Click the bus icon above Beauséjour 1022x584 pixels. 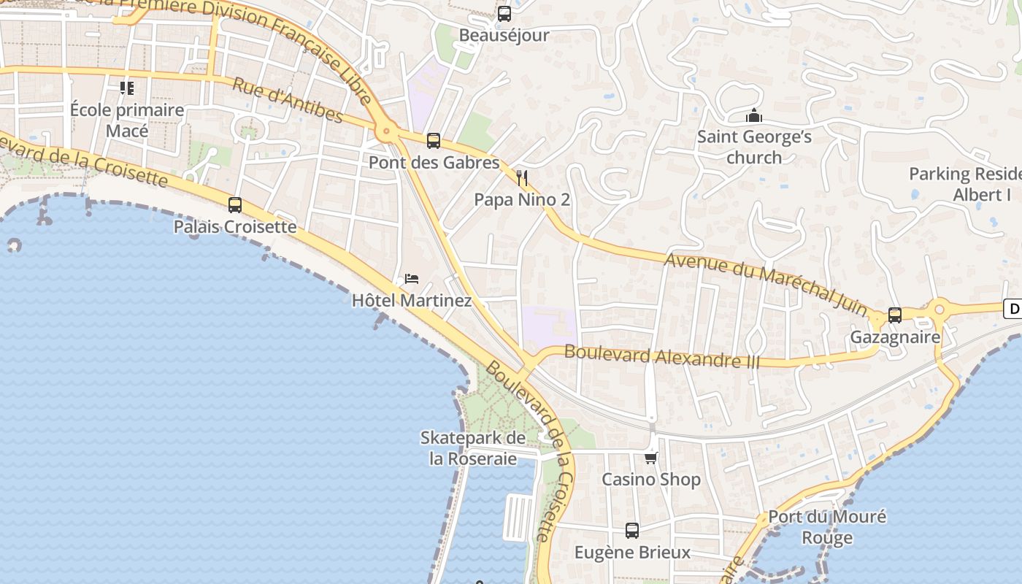(504, 13)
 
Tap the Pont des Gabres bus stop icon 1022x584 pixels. (434, 141)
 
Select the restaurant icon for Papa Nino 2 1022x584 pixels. (522, 177)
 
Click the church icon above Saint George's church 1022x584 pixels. (754, 115)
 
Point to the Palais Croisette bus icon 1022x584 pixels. (235, 205)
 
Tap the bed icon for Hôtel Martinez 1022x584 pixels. (412, 279)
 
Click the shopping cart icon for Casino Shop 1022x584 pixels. (650, 458)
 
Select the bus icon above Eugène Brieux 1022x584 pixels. (632, 531)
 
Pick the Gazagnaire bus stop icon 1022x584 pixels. (895, 315)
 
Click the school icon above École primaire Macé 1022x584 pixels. (127, 88)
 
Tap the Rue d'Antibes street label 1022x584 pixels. (287, 100)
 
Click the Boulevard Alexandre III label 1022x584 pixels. (662, 356)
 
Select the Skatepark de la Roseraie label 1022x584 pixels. (473, 448)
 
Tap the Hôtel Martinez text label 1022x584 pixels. (412, 301)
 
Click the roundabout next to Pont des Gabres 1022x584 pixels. (386, 132)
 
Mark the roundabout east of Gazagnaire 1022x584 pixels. (940, 310)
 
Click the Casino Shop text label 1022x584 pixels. (650, 480)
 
